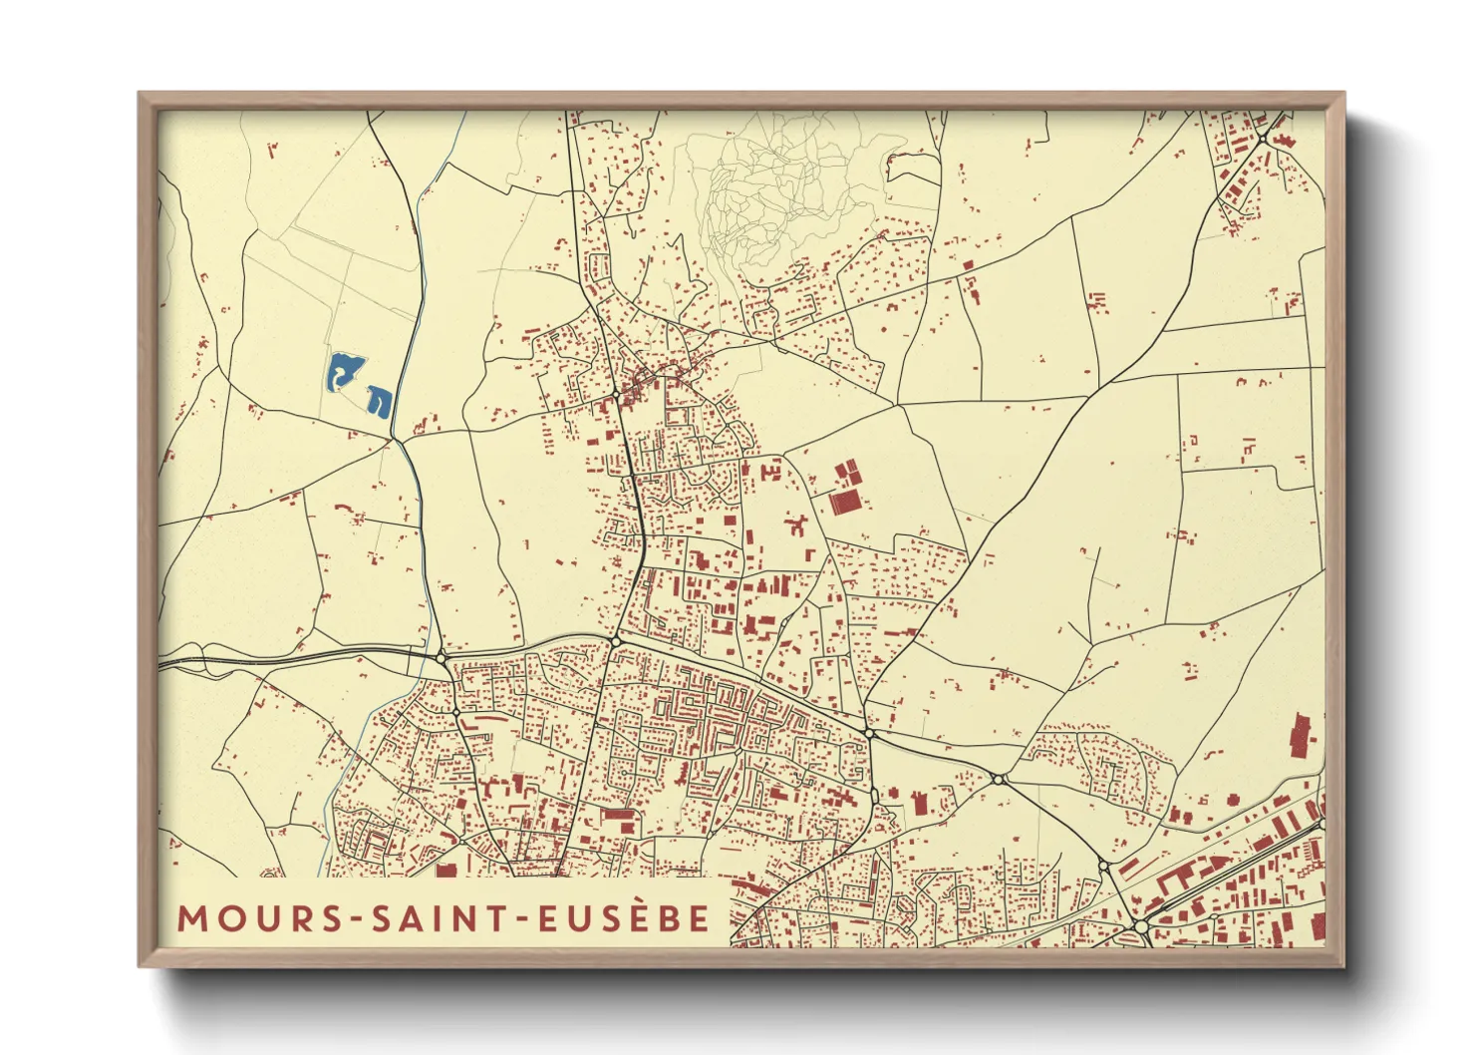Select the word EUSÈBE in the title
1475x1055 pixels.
(624, 917)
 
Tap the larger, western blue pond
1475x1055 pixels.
(343, 372)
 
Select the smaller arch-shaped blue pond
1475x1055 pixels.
(380, 400)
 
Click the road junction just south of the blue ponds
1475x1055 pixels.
(395, 439)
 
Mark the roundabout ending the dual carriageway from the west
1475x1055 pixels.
(442, 657)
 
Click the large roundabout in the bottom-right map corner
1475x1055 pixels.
(1140, 927)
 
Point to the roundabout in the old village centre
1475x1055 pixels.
(617, 396)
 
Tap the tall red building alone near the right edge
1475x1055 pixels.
(1302, 736)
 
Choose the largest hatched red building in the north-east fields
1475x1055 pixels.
(844, 502)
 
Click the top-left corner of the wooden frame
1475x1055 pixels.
(141, 95)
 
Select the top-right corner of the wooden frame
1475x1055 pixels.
(1342, 95)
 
